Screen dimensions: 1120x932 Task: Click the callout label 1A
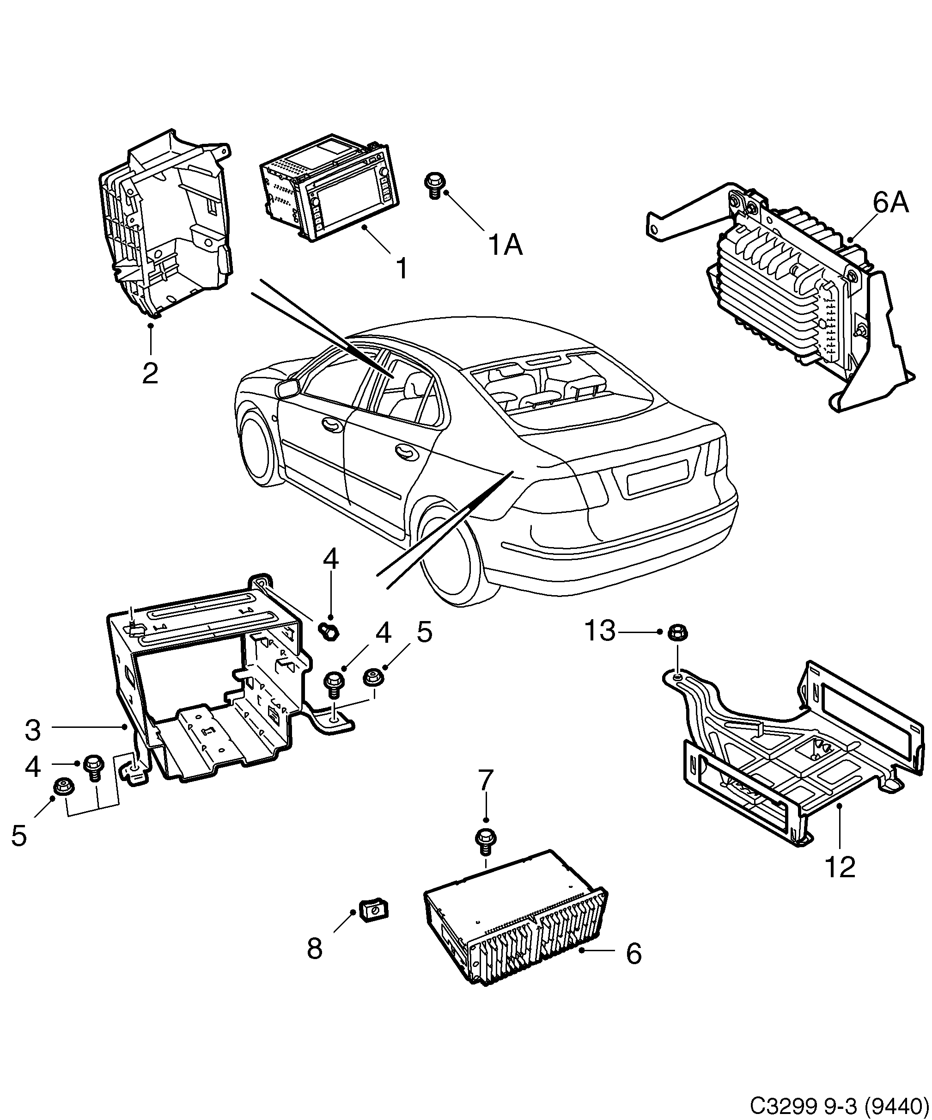point(505,246)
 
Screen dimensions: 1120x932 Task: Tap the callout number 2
point(150,373)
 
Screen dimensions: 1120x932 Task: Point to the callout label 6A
point(890,203)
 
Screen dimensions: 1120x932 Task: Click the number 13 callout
point(601,631)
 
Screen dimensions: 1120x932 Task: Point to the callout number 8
point(315,949)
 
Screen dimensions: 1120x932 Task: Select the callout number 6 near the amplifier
point(634,953)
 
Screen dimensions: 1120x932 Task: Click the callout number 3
point(33,730)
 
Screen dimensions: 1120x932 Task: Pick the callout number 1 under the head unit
point(402,268)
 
